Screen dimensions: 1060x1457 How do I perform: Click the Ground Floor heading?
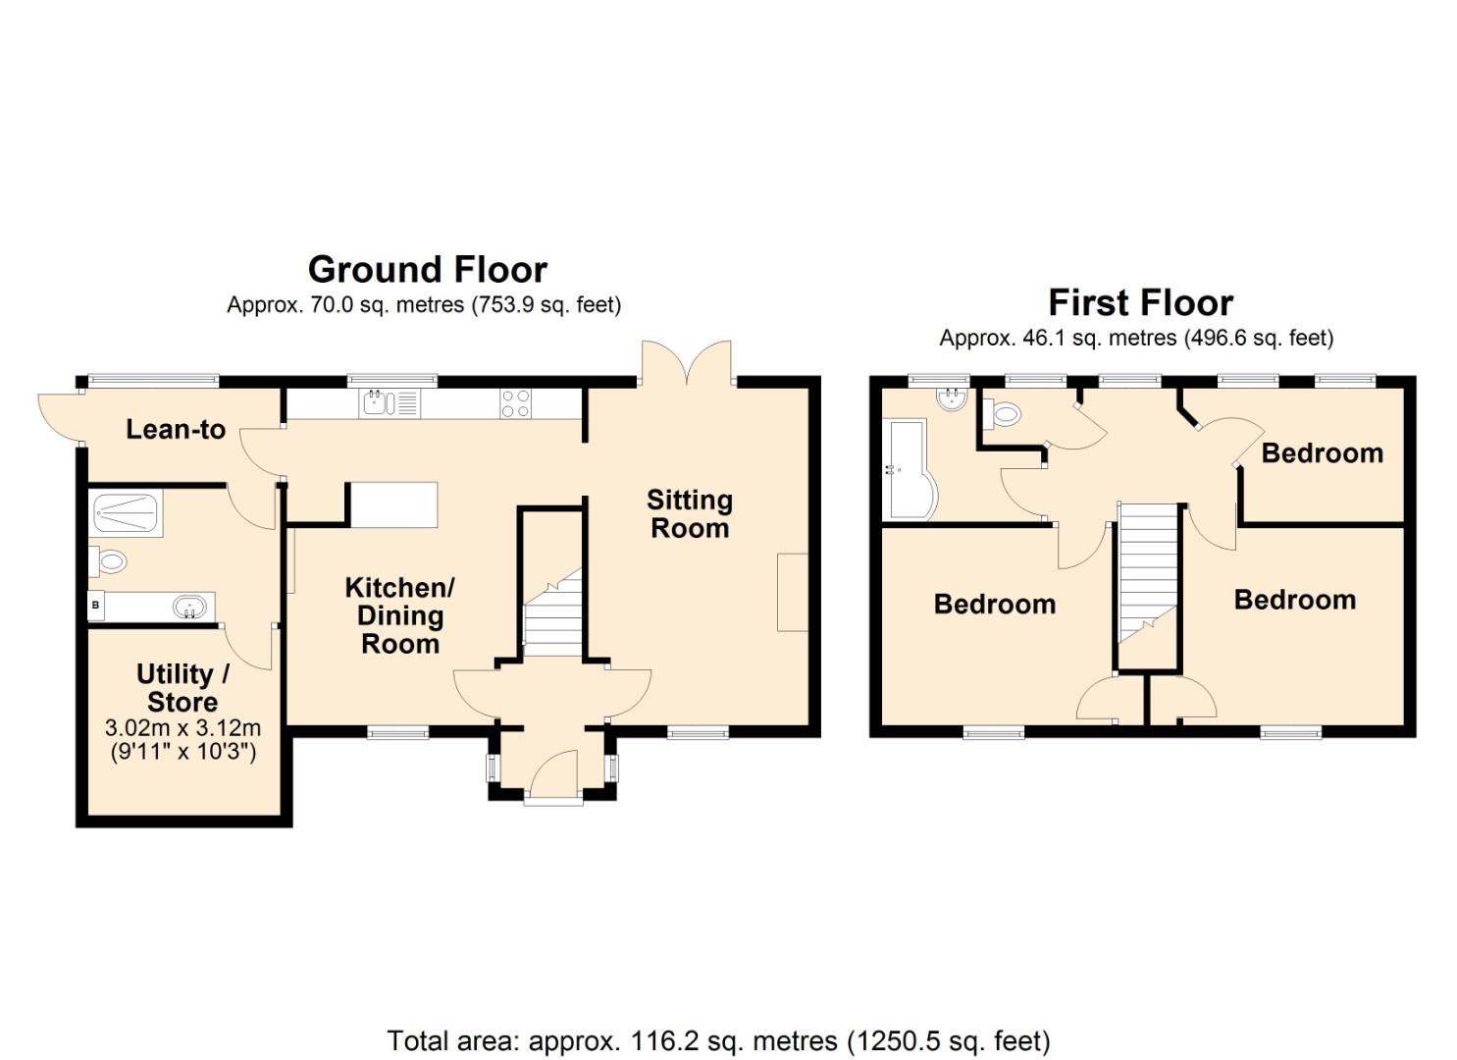click(428, 269)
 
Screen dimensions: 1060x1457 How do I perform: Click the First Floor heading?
click(1140, 302)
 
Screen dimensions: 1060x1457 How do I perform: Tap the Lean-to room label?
click(176, 429)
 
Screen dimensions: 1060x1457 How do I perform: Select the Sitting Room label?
click(690, 514)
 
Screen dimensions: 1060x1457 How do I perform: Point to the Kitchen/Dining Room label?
click(399, 615)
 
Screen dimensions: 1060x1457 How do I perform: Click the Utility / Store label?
click(182, 688)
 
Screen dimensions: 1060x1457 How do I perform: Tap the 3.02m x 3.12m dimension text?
click(182, 729)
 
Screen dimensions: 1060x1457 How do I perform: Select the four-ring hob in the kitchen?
click(517, 403)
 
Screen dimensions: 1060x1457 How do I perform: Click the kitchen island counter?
click(393, 504)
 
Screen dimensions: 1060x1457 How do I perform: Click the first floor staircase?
click(1147, 579)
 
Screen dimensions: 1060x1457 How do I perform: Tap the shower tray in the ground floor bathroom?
click(125, 510)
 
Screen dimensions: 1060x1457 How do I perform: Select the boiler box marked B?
click(95, 606)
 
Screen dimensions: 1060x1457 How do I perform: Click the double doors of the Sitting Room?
click(687, 363)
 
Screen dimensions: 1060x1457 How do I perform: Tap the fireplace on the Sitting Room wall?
click(794, 591)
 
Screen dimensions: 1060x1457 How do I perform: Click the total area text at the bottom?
click(718, 1040)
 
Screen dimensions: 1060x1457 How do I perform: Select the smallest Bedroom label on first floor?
click(1322, 453)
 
